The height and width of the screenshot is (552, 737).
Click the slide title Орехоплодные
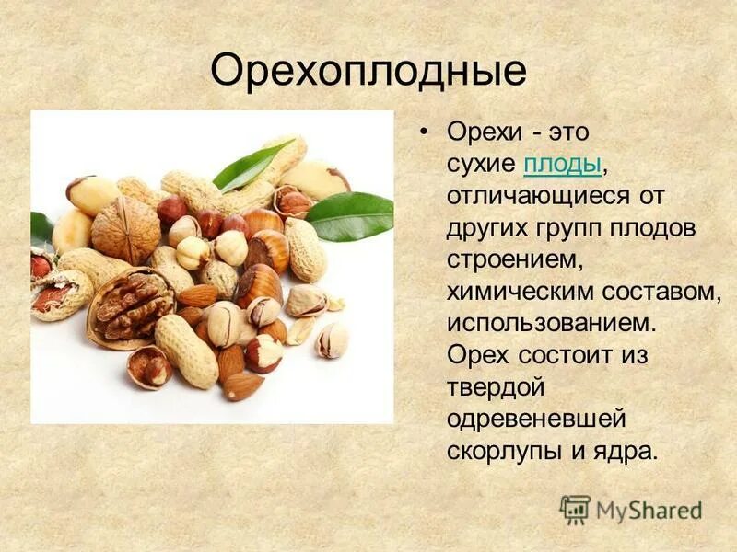tap(368, 72)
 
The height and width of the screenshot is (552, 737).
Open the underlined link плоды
tap(562, 165)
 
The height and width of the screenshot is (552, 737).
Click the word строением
tap(515, 260)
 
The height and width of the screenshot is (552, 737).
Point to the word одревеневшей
tap(536, 420)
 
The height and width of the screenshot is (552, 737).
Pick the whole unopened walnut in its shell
tap(126, 228)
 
